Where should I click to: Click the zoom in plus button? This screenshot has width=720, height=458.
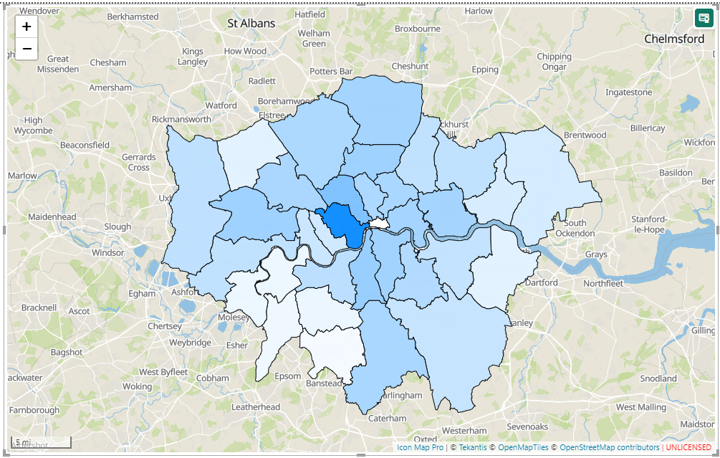(27, 27)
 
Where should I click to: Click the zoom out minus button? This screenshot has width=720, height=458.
(27, 49)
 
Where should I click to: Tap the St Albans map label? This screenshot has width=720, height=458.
(251, 24)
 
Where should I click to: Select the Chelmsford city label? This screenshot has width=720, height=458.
(674, 39)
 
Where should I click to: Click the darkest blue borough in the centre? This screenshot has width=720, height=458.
(342, 224)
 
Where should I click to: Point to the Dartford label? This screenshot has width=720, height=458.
(541, 282)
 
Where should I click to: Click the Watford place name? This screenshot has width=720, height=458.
(221, 105)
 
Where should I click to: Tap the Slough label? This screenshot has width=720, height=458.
(117, 226)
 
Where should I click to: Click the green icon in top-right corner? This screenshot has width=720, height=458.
(703, 18)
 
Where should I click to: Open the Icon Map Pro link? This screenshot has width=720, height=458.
(420, 447)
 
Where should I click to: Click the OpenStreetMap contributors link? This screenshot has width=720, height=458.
(609, 447)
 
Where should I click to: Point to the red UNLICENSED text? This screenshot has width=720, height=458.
(688, 447)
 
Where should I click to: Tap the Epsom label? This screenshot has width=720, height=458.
(288, 376)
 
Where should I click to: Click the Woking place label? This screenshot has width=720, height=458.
(137, 386)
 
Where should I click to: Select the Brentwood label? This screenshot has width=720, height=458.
(585, 135)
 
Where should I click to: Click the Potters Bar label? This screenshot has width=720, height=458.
(331, 72)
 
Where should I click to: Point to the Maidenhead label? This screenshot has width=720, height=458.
(52, 216)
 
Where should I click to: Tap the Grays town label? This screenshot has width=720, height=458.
(596, 254)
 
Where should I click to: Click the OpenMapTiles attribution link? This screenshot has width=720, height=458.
(523, 447)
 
